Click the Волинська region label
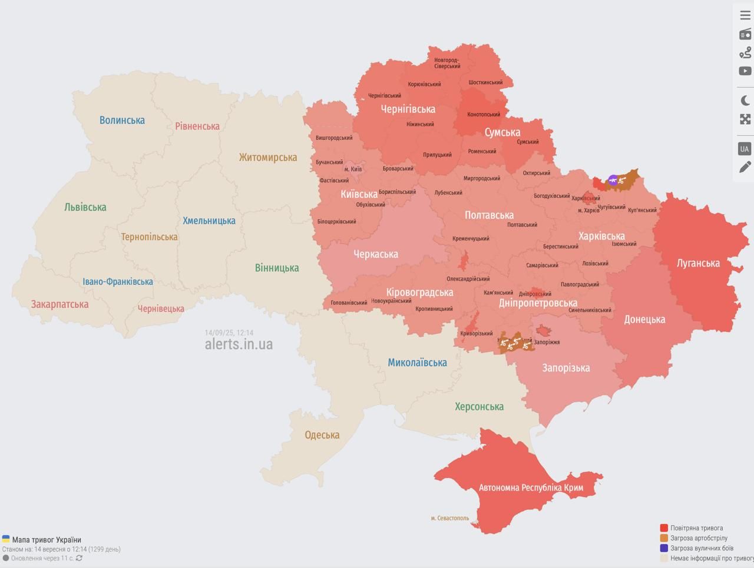coord(122,120)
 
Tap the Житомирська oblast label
coord(267,157)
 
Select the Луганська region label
coord(698,263)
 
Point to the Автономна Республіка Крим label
coord(531,487)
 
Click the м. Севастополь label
coord(450,518)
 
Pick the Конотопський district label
coord(484,115)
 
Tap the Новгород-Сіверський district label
coord(447,63)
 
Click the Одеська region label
coord(322,435)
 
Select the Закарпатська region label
coord(59,304)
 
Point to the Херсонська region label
coord(479,406)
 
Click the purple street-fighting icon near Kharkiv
coord(613,180)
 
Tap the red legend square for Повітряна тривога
coord(664,528)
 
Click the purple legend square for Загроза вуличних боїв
coord(664,548)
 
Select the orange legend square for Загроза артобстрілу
coord(664,538)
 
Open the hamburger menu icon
coord(745,15)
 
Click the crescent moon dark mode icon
coord(745,101)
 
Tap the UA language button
coord(745,148)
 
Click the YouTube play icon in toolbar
coord(745,71)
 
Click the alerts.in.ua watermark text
coord(239,344)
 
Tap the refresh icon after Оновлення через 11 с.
coord(79,558)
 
